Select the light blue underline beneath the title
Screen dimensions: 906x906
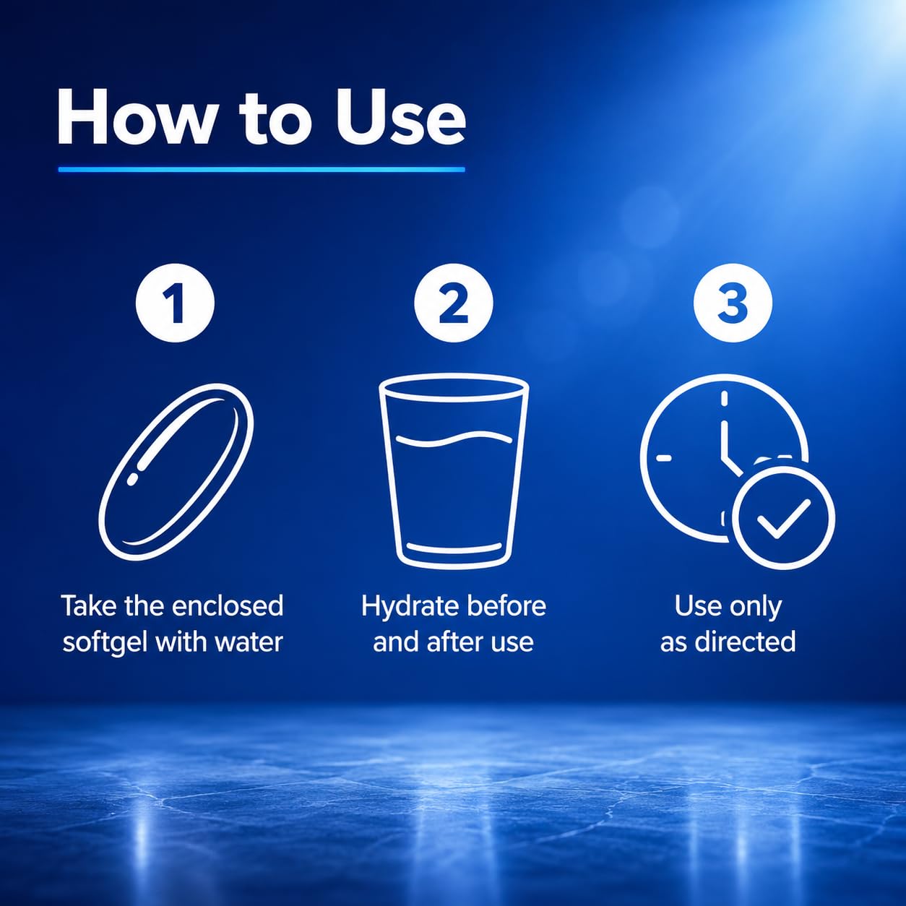[x=262, y=169]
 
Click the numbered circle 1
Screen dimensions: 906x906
[x=175, y=303]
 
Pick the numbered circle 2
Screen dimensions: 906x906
[x=453, y=303]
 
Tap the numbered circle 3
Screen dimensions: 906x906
[x=733, y=303]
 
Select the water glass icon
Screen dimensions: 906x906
[x=454, y=471]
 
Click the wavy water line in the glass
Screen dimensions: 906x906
[x=454, y=439]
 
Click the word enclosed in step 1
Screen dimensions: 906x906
[x=228, y=606]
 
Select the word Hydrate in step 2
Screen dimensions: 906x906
[x=404, y=607]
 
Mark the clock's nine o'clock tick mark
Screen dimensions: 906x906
[x=663, y=458]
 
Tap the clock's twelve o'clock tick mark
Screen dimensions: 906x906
[x=724, y=399]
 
